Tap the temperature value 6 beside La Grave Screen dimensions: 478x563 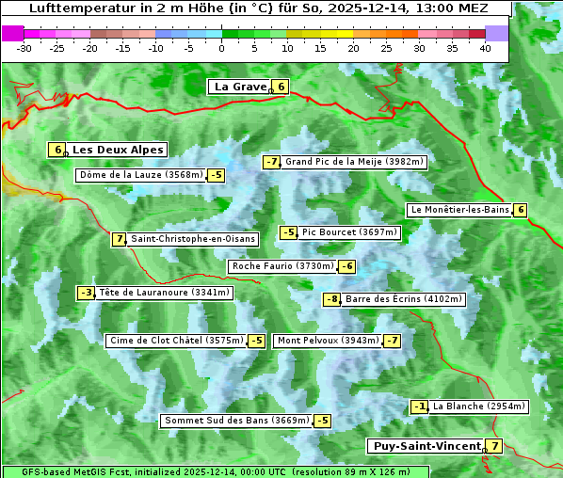[281, 87]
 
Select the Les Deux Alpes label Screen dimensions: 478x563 [118, 150]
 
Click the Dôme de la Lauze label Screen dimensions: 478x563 [141, 175]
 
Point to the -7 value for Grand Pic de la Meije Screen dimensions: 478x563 [272, 162]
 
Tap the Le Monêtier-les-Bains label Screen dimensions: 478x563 [459, 210]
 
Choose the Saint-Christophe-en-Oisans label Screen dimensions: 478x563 [192, 239]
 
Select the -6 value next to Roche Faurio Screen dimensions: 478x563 [347, 266]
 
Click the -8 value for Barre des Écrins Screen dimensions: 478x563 [331, 299]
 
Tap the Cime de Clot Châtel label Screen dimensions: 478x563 [176, 341]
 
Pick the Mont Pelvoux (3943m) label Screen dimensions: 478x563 [328, 341]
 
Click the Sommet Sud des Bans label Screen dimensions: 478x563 [236, 421]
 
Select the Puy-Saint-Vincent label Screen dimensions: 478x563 [426, 446]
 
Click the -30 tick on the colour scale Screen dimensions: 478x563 [25, 48]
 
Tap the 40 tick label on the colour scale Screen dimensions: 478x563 [485, 48]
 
